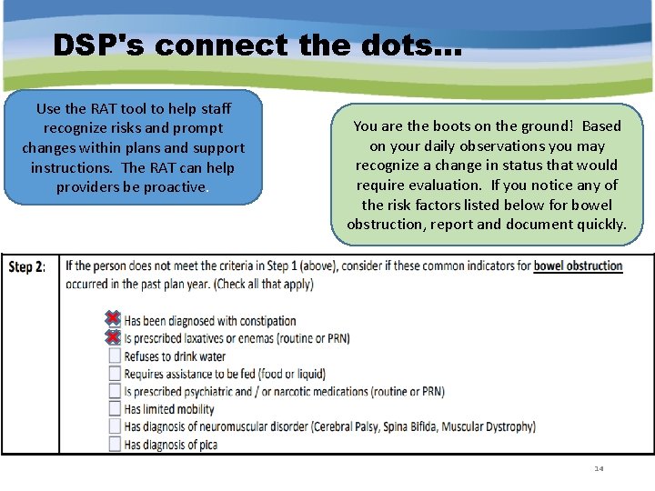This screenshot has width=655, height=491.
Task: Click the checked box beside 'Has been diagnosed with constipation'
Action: (x=114, y=320)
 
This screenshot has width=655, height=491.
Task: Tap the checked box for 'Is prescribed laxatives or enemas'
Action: (x=114, y=337)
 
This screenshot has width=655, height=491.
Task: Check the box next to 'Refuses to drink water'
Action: (x=115, y=356)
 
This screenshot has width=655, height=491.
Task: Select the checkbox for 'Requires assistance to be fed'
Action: (x=115, y=374)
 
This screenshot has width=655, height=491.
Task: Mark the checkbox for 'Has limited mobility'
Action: (x=115, y=409)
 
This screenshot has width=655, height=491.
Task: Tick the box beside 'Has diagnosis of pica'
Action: (x=115, y=444)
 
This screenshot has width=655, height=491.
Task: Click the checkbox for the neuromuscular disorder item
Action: (x=115, y=426)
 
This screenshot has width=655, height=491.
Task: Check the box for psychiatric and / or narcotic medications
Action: (x=115, y=391)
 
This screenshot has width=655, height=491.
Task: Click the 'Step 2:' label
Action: (x=27, y=267)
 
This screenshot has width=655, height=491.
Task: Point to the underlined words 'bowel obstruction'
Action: (x=578, y=266)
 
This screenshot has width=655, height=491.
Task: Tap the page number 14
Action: (x=599, y=468)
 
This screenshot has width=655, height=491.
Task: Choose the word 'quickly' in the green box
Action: (x=601, y=225)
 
